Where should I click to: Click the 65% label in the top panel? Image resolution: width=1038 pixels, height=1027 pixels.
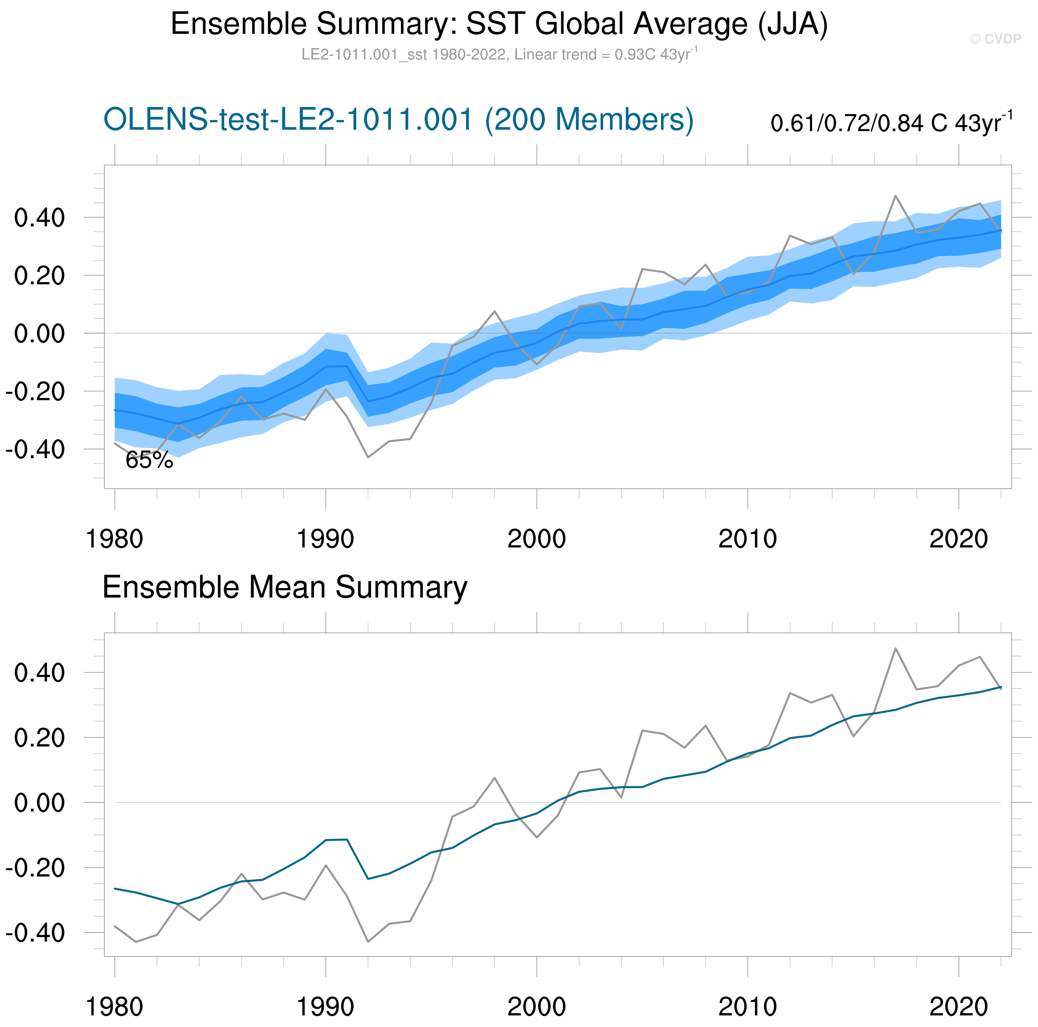point(149,460)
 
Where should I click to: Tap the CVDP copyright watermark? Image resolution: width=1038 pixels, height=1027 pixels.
point(995,39)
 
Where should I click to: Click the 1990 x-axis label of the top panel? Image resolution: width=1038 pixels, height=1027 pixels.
point(325,539)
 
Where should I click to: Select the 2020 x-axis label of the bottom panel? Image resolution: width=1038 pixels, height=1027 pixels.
point(958,1007)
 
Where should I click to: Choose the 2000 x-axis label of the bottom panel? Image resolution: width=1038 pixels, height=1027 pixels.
point(536,1007)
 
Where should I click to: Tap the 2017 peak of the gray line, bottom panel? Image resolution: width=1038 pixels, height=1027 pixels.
point(895,648)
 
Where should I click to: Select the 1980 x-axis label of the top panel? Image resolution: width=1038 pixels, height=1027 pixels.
point(114,539)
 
